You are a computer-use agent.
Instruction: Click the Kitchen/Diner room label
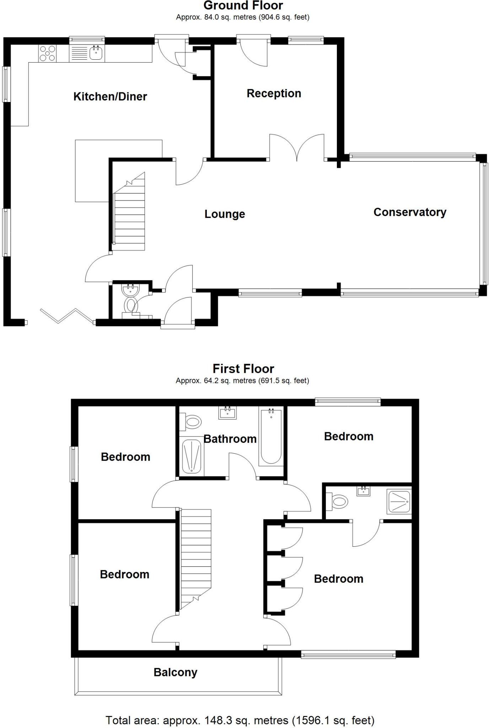pos(110,97)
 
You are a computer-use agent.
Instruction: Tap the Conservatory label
pos(410,212)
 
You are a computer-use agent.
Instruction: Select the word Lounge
pos(225,214)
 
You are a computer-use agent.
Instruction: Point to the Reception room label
pos(274,93)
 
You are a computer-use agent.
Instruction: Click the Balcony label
pos(176,672)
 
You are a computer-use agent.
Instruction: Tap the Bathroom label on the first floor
pos(230,439)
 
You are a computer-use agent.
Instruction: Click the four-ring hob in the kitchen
pos(47,53)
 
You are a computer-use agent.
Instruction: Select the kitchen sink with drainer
pos(87,53)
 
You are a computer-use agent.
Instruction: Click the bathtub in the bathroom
pos(271,437)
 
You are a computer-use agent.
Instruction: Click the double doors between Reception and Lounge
pos(297,148)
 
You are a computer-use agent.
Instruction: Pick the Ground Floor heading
pos(243,6)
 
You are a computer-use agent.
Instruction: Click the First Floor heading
pos(243,369)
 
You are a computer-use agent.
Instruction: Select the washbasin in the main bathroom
pos(227,413)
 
